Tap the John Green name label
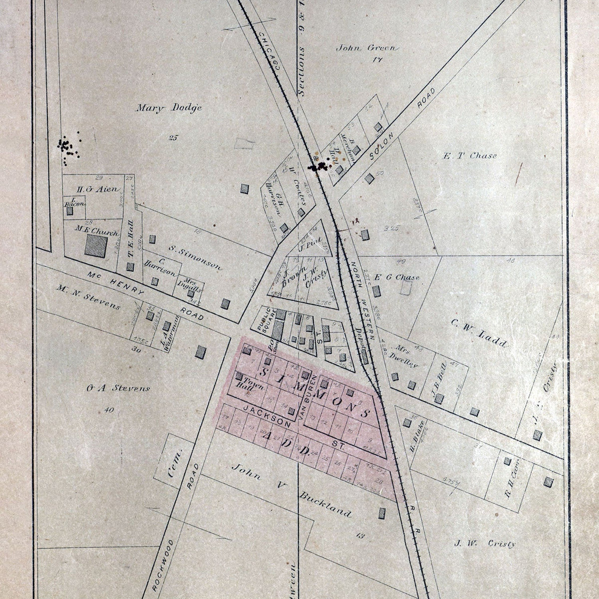[x=367, y=48]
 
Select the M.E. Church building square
[x=96, y=245]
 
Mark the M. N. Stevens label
[x=88, y=297]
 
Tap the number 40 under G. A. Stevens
[x=108, y=410]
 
